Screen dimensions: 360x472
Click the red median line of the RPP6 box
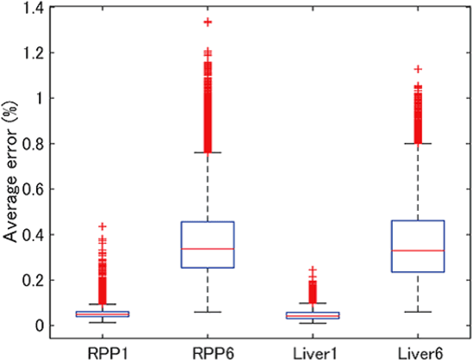(x=208, y=248)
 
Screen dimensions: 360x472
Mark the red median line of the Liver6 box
(x=419, y=251)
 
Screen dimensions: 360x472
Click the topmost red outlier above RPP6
(x=208, y=22)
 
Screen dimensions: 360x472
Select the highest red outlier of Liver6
(x=419, y=69)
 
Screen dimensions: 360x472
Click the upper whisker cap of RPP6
(x=208, y=152)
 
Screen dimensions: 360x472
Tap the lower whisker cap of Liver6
(x=419, y=312)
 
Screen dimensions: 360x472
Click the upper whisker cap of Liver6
(x=419, y=144)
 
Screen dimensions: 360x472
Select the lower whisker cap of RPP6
(x=208, y=312)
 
